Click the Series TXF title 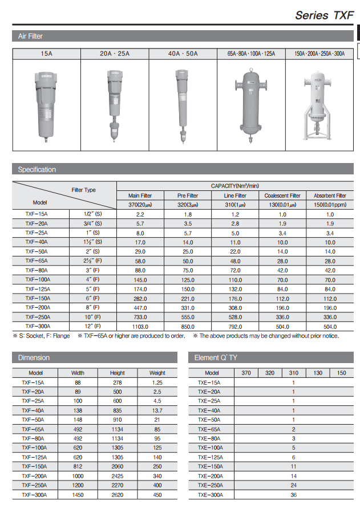324,15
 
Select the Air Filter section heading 30,36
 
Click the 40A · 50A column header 183,54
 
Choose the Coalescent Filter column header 282,196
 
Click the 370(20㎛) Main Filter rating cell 140,205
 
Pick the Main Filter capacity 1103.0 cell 140,327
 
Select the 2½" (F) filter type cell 92,260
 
